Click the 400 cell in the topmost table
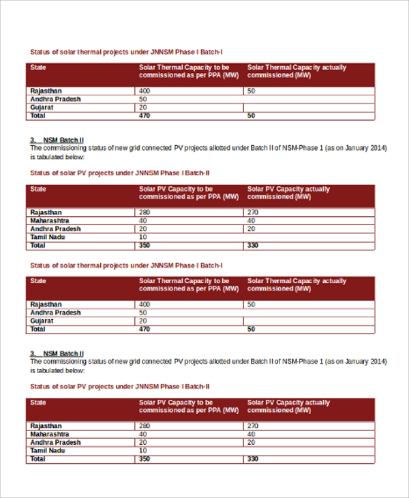pos(145,91)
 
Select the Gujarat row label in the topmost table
pos(42,107)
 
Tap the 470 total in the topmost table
pos(145,116)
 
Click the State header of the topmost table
pos(39,68)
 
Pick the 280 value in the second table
pos(145,212)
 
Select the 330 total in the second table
pos(253,245)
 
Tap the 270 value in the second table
pos(253,212)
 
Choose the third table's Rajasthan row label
pos(46,304)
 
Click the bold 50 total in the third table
pos(251,329)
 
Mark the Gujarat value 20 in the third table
pos(143,321)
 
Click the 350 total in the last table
pos(145,459)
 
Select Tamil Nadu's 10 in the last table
pos(143,450)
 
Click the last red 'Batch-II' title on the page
pos(120,385)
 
